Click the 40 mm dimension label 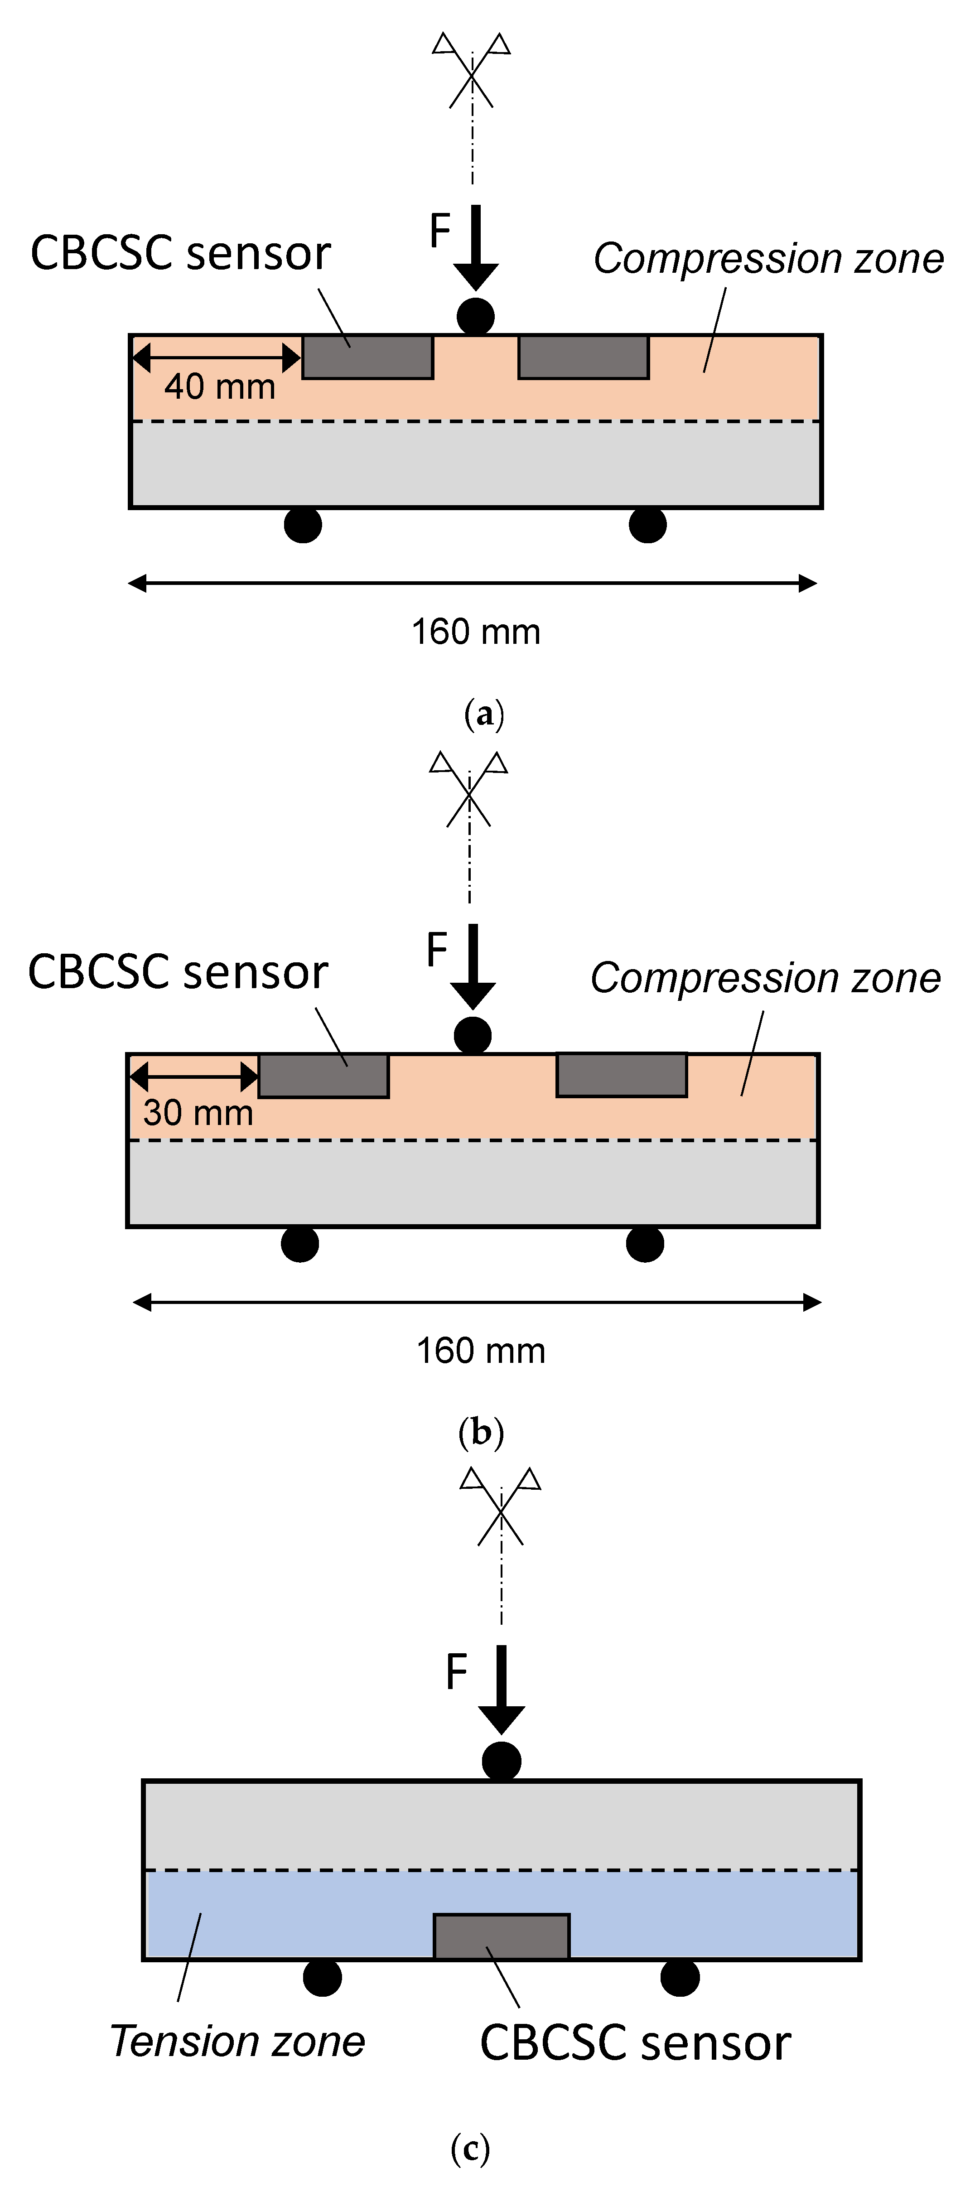coord(220,386)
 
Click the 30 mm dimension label coord(198,1112)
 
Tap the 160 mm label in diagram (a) coord(476,632)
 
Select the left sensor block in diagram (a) coord(368,357)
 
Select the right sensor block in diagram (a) coord(584,357)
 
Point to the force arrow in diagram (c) coord(501,1690)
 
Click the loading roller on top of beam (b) coord(472,1035)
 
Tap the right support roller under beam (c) coord(680,1977)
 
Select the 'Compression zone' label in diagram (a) coord(768,258)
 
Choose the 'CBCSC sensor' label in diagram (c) coord(635,2042)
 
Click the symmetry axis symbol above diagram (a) coord(471,72)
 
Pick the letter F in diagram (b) coord(437,949)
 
